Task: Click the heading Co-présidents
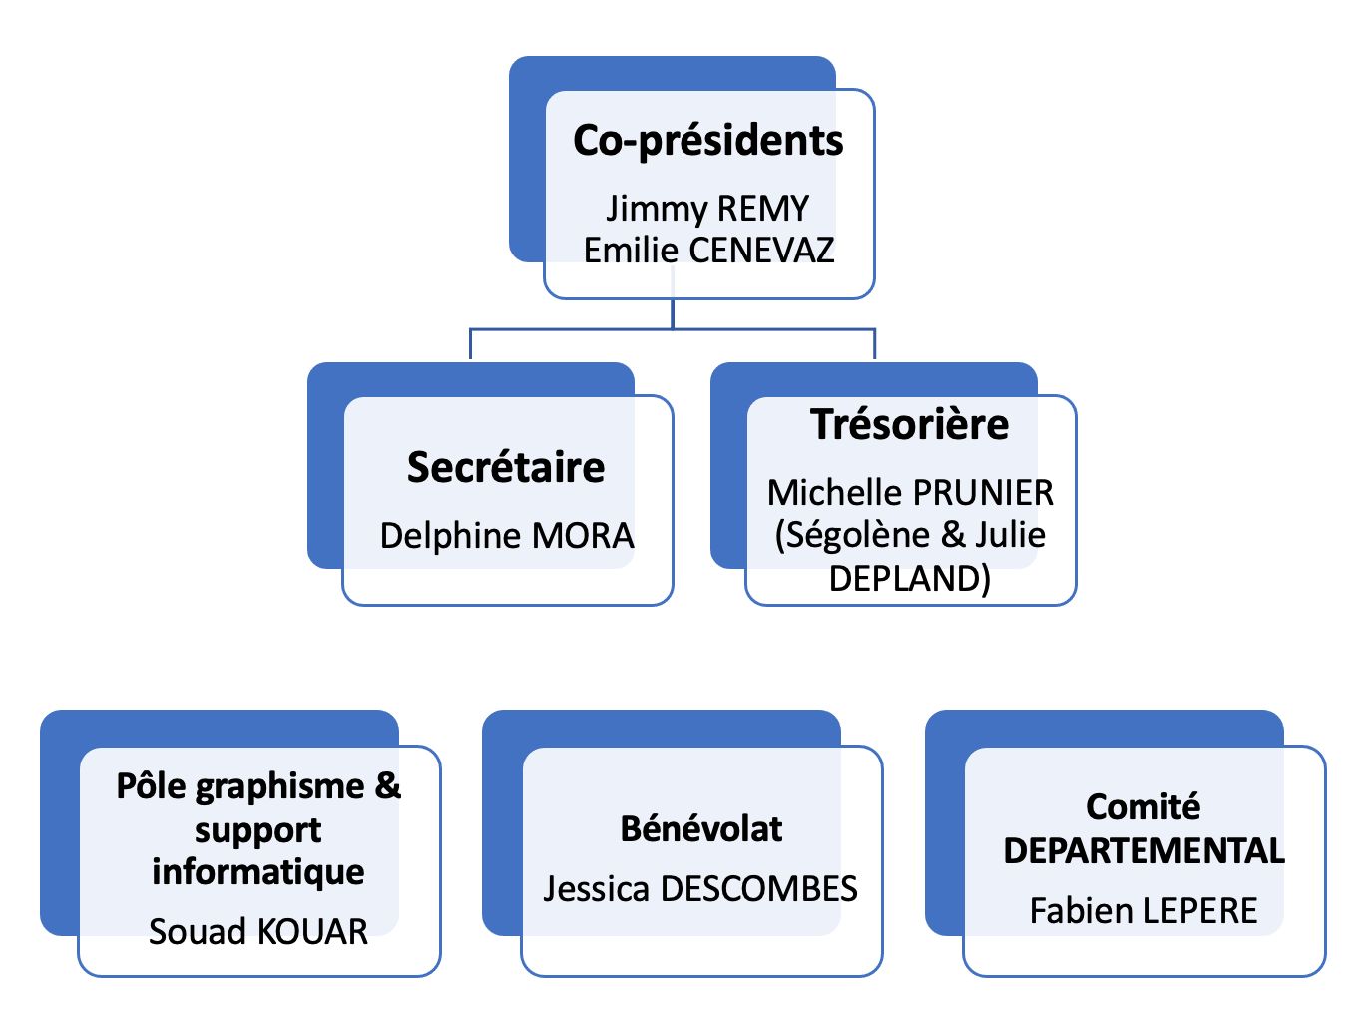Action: (707, 141)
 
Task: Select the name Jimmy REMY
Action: (707, 208)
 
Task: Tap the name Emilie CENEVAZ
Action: (708, 250)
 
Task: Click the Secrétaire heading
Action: (506, 467)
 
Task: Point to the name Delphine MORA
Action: (507, 536)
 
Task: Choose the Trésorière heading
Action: (909, 424)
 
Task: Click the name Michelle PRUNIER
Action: (910, 492)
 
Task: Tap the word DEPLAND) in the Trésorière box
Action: (910, 578)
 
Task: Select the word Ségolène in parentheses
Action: (854, 535)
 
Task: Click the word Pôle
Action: (152, 786)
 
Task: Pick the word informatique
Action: (258, 871)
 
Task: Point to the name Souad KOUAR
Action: (258, 931)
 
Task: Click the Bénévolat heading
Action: (701, 828)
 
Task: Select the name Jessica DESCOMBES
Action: (700, 888)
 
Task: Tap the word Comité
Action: (1143, 806)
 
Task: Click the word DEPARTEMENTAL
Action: (1143, 851)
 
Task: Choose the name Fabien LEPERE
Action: (1143, 910)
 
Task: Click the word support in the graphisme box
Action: (258, 829)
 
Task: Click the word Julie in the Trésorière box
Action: (1010, 535)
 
